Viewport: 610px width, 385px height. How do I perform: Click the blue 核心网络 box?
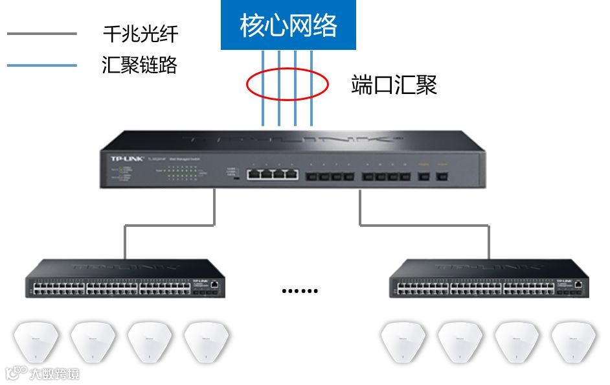288,26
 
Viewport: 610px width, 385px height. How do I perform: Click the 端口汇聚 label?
394,85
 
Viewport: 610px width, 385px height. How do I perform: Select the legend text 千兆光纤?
140,34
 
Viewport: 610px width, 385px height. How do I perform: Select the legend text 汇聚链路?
140,65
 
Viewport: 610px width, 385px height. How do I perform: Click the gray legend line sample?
42,34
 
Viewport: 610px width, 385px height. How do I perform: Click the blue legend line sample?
42,65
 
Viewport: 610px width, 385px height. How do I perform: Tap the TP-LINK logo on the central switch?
122,157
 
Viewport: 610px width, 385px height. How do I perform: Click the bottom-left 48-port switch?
125,279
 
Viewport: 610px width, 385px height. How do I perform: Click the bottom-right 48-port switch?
489,279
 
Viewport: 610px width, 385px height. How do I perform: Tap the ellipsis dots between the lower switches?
300,291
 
